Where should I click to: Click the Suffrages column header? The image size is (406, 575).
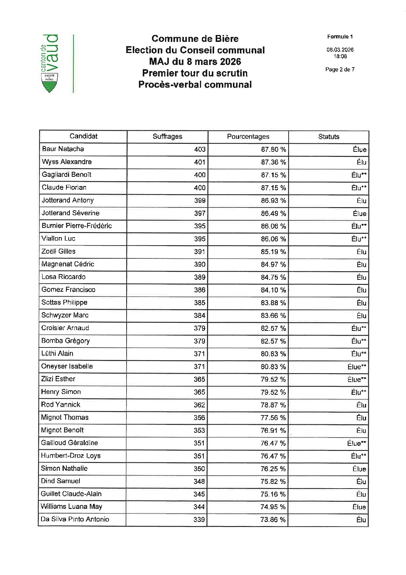pyautogui.click(x=167, y=136)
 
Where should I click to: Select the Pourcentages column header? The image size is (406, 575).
pyautogui.click(x=248, y=136)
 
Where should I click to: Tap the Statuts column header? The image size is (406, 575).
pyautogui.click(x=328, y=136)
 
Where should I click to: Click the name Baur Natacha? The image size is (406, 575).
pyautogui.click(x=63, y=149)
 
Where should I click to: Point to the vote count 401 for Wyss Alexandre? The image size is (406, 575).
pyautogui.click(x=200, y=162)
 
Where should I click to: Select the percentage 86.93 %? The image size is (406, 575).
pyautogui.click(x=273, y=201)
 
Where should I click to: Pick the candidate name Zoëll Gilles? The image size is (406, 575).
pyautogui.click(x=58, y=251)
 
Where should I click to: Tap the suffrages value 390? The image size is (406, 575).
pyautogui.click(x=200, y=264)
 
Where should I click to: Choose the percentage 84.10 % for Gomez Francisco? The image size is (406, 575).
pyautogui.click(x=273, y=290)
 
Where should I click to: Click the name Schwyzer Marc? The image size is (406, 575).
pyautogui.click(x=65, y=315)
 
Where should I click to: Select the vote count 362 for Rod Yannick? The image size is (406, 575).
pyautogui.click(x=199, y=405)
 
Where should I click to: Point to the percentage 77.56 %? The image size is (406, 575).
pyautogui.click(x=273, y=417)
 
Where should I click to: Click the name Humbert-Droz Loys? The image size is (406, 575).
pyautogui.click(x=71, y=455)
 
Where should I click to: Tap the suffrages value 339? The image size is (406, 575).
pyautogui.click(x=199, y=520)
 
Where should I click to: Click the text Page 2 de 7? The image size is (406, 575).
pyautogui.click(x=340, y=70)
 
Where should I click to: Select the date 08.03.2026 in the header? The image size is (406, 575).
pyautogui.click(x=340, y=50)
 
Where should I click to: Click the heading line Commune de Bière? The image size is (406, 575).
pyautogui.click(x=195, y=38)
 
